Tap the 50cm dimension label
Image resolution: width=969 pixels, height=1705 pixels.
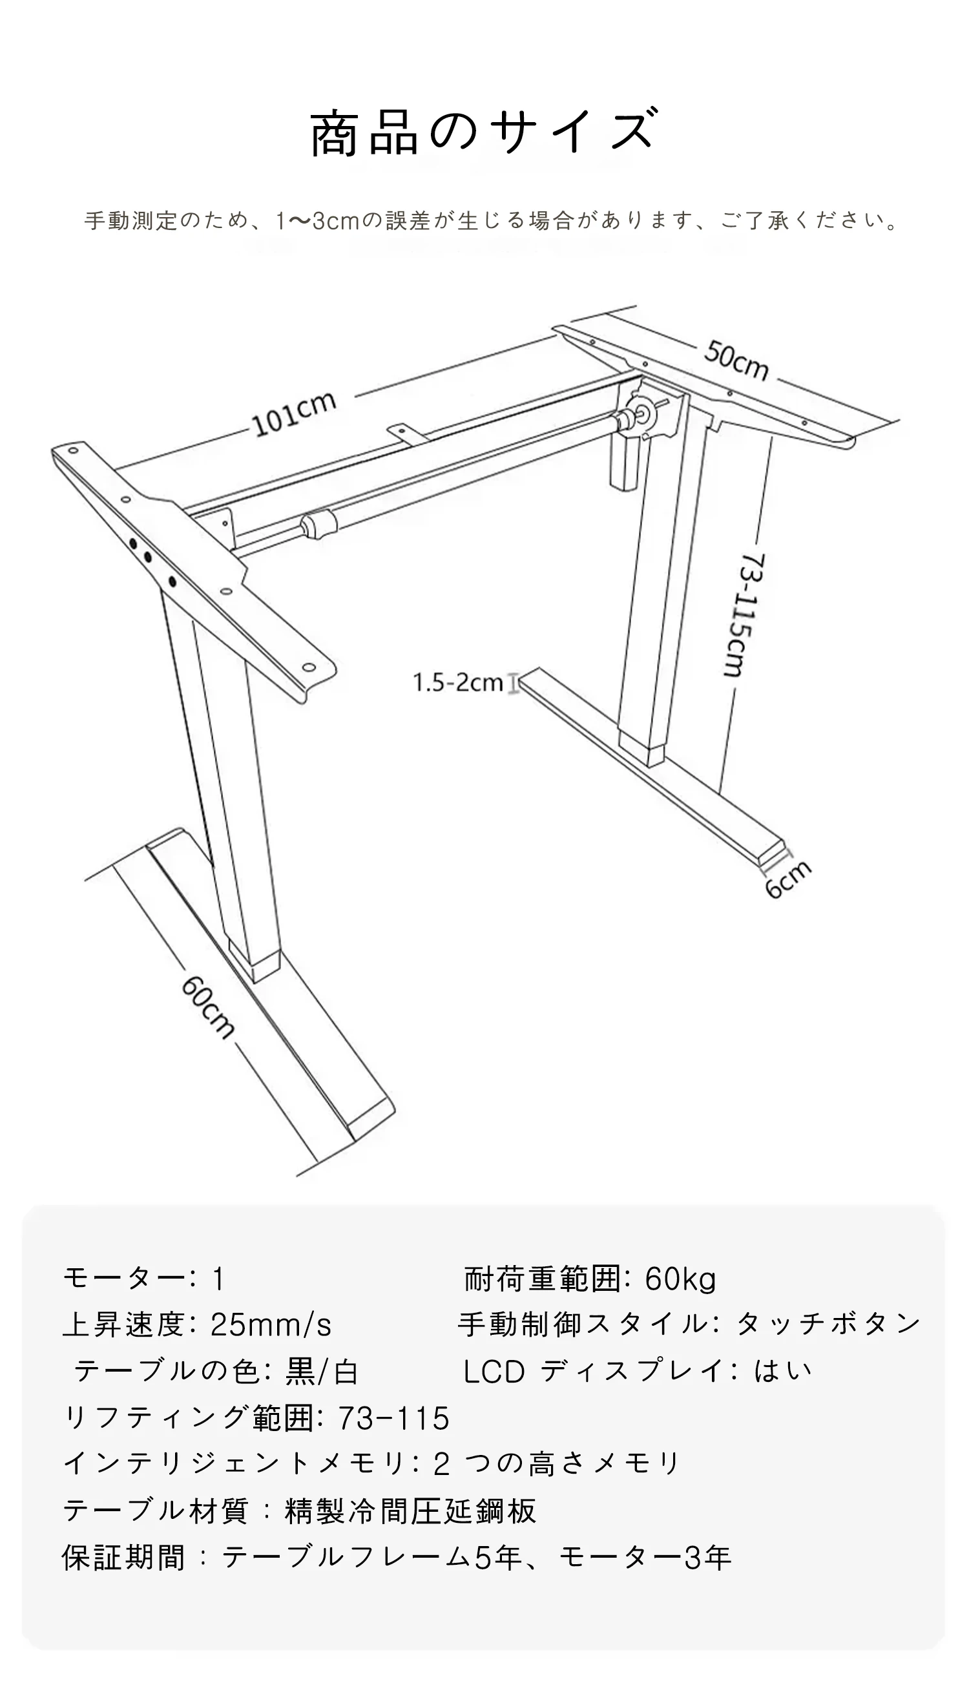point(736,360)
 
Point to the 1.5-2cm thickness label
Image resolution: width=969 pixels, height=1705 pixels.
point(458,683)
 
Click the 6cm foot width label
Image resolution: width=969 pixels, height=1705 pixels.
point(788,879)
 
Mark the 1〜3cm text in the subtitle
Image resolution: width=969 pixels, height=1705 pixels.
point(317,220)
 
